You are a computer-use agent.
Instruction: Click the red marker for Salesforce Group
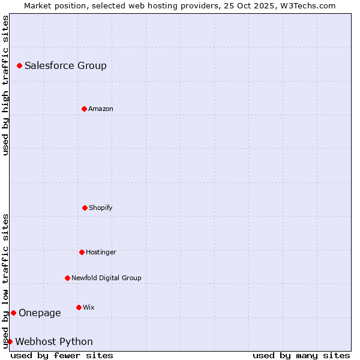[19, 65]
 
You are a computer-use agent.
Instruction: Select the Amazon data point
[84, 109]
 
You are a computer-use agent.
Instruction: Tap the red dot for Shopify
[85, 208]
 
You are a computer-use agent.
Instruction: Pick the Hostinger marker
[82, 252]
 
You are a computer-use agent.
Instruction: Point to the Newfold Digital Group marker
[67, 278]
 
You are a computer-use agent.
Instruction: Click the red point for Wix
[79, 307]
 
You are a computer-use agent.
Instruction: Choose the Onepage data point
[13, 313]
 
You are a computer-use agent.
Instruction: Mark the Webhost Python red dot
[10, 341]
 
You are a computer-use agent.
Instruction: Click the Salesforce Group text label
[65, 66]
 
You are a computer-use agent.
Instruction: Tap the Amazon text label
[100, 109]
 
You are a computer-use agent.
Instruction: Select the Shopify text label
[100, 208]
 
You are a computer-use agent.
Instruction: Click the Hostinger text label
[101, 253]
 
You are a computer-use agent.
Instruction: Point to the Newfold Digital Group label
[106, 278]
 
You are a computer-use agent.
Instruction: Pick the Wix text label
[88, 308]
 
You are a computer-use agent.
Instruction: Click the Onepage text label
[40, 313]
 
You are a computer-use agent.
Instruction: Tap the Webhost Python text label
[54, 342]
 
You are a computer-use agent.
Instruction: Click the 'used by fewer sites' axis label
[62, 355]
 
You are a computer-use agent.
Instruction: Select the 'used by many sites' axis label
[301, 355]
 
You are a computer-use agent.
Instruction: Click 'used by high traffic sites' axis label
[5, 85]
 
